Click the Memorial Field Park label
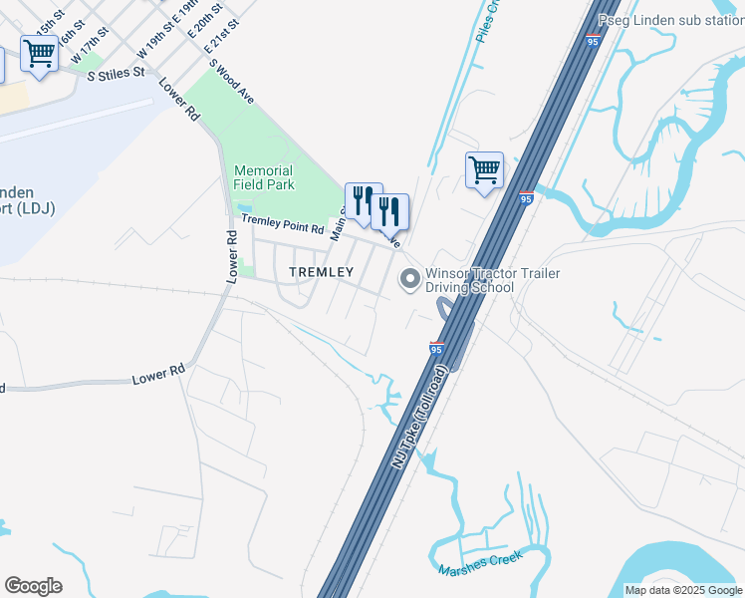click(x=264, y=177)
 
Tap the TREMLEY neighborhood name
click(x=321, y=272)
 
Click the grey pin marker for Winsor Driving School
click(x=408, y=280)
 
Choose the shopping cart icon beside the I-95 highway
click(x=484, y=170)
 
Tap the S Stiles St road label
click(x=117, y=73)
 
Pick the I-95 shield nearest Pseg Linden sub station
click(x=593, y=42)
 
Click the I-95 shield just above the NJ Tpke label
click(x=436, y=348)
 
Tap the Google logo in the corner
click(x=33, y=585)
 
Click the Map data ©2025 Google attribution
click(x=682, y=590)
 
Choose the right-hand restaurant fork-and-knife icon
click(x=389, y=210)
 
